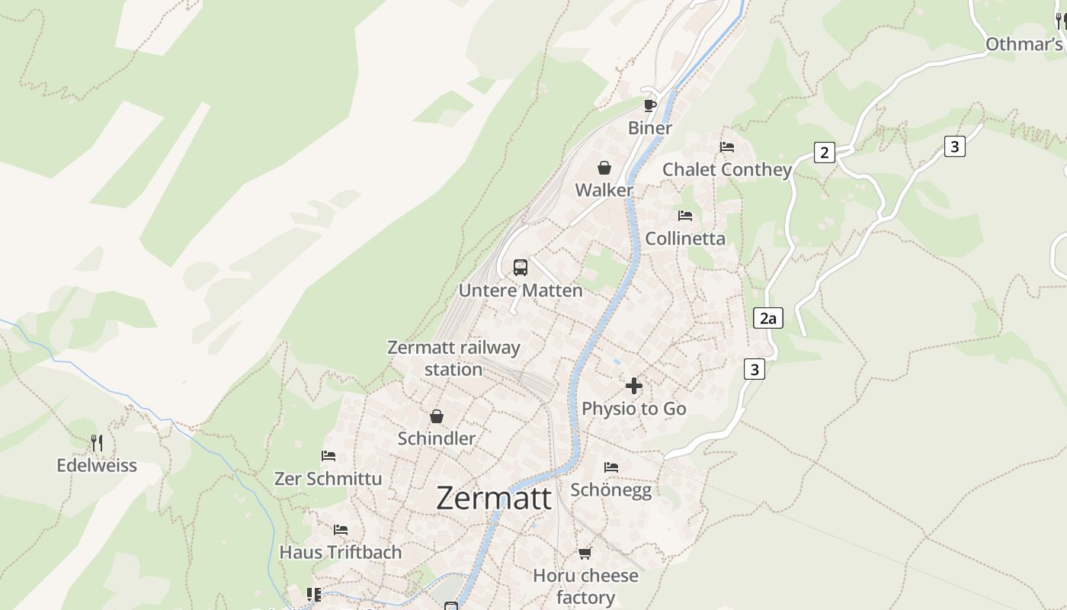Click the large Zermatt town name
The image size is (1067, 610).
tap(494, 499)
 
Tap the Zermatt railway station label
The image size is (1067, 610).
tap(453, 358)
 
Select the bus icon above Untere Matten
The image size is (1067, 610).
tap(521, 268)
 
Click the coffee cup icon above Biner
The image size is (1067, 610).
tap(649, 105)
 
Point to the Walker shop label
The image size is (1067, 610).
tap(604, 190)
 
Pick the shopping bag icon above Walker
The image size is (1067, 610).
tap(604, 168)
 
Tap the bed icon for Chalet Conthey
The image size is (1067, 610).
tap(727, 147)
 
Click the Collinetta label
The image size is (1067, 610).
tap(685, 239)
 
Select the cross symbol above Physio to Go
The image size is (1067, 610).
tap(633, 386)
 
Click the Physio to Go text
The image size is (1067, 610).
tap(633, 409)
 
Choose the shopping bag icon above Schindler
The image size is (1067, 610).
tap(437, 416)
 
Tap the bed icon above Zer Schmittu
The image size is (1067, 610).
tap(328, 456)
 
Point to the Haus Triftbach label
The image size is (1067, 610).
tap(341, 552)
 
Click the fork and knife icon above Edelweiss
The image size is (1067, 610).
tap(97, 443)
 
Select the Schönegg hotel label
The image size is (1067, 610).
tap(611, 490)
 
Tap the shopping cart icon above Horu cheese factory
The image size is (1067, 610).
tap(585, 553)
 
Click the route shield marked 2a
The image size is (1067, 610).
tap(767, 318)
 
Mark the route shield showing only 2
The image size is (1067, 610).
tap(823, 152)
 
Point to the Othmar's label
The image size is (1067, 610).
tap(1024, 44)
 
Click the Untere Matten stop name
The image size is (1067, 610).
tap(521, 291)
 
